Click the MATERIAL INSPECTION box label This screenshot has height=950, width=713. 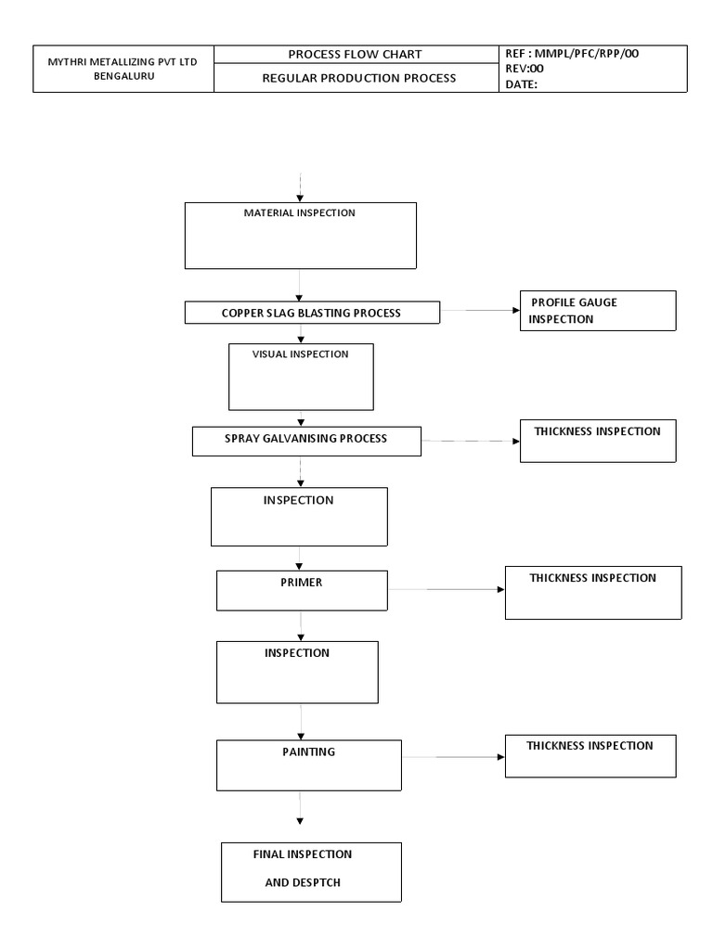[299, 213]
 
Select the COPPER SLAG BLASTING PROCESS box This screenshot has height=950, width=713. [311, 314]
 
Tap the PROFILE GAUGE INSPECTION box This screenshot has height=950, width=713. [597, 311]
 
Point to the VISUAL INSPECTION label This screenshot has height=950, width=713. [301, 353]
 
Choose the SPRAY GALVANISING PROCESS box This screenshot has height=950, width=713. [306, 440]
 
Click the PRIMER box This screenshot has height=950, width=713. [302, 590]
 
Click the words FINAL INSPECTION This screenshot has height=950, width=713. [303, 854]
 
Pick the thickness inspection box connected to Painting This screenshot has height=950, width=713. [590, 755]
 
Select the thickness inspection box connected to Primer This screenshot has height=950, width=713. [592, 592]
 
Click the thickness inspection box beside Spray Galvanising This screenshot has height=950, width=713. [597, 441]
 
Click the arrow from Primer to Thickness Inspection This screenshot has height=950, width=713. [446, 589]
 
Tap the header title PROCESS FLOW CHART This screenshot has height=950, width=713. [356, 54]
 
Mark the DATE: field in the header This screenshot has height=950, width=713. [522, 84]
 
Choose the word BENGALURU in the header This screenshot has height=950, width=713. [123, 77]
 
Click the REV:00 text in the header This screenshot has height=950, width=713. [525, 69]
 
